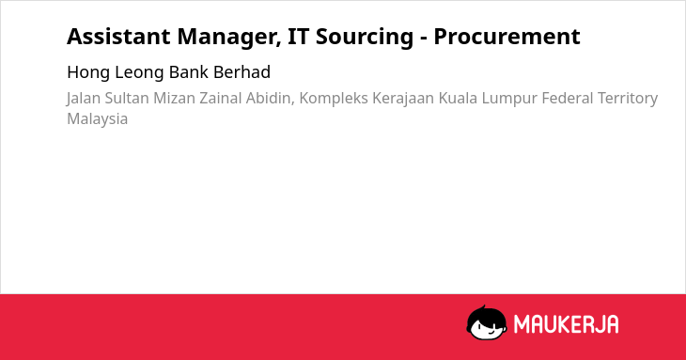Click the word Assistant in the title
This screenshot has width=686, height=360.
coord(118,37)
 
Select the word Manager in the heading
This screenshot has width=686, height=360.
coord(229,38)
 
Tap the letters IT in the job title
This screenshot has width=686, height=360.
coord(299,37)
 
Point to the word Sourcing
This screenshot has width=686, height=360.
coord(365,38)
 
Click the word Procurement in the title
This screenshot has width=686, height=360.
coord(507,37)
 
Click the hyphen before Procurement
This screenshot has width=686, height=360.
coord(424,39)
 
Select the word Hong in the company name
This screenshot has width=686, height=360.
coord(88,72)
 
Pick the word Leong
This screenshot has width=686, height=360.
coord(140,72)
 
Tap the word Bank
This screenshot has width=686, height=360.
coord(189,71)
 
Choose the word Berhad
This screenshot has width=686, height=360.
coord(242,71)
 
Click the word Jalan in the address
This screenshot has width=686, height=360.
coord(83,99)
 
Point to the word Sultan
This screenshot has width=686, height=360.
coord(127,98)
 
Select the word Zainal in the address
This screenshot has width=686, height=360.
coord(221,98)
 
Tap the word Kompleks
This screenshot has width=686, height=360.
coord(334,99)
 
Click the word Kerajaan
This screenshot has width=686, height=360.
coord(403,99)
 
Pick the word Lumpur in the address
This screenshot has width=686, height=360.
coord(509,99)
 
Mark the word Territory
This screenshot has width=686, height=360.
coord(628,99)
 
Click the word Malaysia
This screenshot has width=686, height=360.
coord(98,119)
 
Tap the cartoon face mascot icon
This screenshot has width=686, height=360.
coord(487,323)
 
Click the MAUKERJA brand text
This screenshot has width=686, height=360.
coord(566,324)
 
